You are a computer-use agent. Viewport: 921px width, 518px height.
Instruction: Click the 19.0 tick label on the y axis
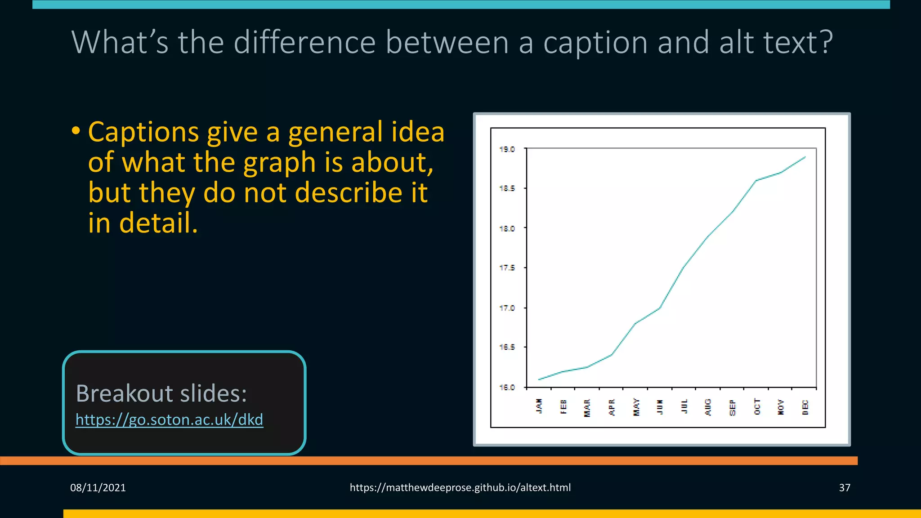pyautogui.click(x=507, y=149)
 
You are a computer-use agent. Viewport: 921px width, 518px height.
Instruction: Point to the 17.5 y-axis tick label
pyautogui.click(x=507, y=268)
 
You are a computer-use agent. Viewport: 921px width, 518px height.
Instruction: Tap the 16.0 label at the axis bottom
pyautogui.click(x=507, y=387)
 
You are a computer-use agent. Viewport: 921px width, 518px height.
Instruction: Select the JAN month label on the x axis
pyautogui.click(x=539, y=406)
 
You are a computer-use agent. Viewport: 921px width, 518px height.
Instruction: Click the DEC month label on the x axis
pyautogui.click(x=805, y=407)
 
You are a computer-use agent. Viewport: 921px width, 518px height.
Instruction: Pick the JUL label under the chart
pyautogui.click(x=684, y=406)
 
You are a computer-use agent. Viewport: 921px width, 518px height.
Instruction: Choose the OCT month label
pyautogui.click(x=757, y=406)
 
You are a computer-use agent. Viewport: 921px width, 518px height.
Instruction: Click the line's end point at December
pyautogui.click(x=805, y=157)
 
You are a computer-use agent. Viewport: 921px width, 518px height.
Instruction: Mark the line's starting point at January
pyautogui.click(x=539, y=380)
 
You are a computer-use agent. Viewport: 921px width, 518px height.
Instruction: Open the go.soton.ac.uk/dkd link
pyautogui.click(x=169, y=420)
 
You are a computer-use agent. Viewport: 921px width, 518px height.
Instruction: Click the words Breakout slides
pyautogui.click(x=161, y=393)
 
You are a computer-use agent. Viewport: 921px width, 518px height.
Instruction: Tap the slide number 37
pyautogui.click(x=845, y=488)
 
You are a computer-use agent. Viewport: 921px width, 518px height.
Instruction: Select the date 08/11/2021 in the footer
pyautogui.click(x=98, y=488)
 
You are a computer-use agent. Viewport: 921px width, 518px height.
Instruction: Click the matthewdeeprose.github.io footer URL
pyautogui.click(x=460, y=488)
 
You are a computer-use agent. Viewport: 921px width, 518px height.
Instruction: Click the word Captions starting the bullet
pyautogui.click(x=143, y=132)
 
